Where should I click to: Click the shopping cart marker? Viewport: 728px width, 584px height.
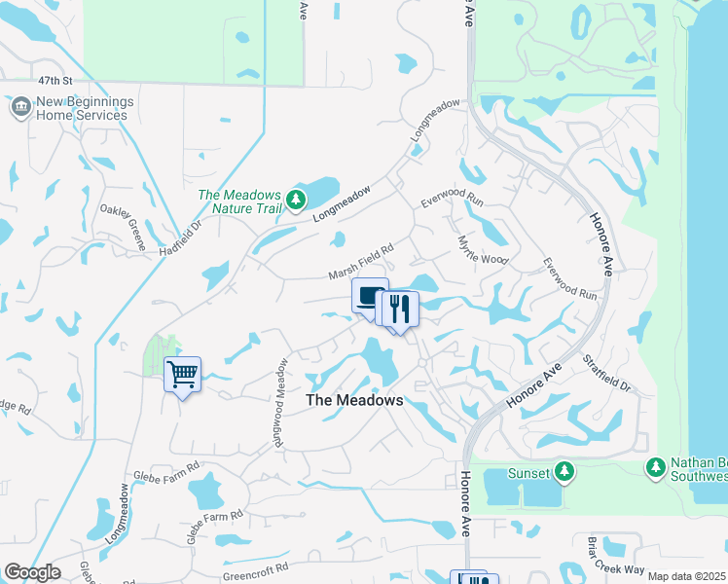(x=183, y=375)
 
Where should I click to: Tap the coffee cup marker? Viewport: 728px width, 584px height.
(x=370, y=296)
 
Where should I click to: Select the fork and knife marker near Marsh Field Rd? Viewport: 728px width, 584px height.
(x=400, y=310)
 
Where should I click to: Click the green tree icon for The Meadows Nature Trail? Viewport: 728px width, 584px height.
(x=297, y=201)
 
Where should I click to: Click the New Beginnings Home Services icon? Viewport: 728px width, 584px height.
(x=20, y=107)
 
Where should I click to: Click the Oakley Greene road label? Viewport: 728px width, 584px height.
(x=123, y=221)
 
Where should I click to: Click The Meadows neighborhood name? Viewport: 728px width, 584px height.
(x=354, y=400)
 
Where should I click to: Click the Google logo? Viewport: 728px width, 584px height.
(x=32, y=572)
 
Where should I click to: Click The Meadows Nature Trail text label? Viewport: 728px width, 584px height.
(x=239, y=201)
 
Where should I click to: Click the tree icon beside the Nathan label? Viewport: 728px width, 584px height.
(x=656, y=469)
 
